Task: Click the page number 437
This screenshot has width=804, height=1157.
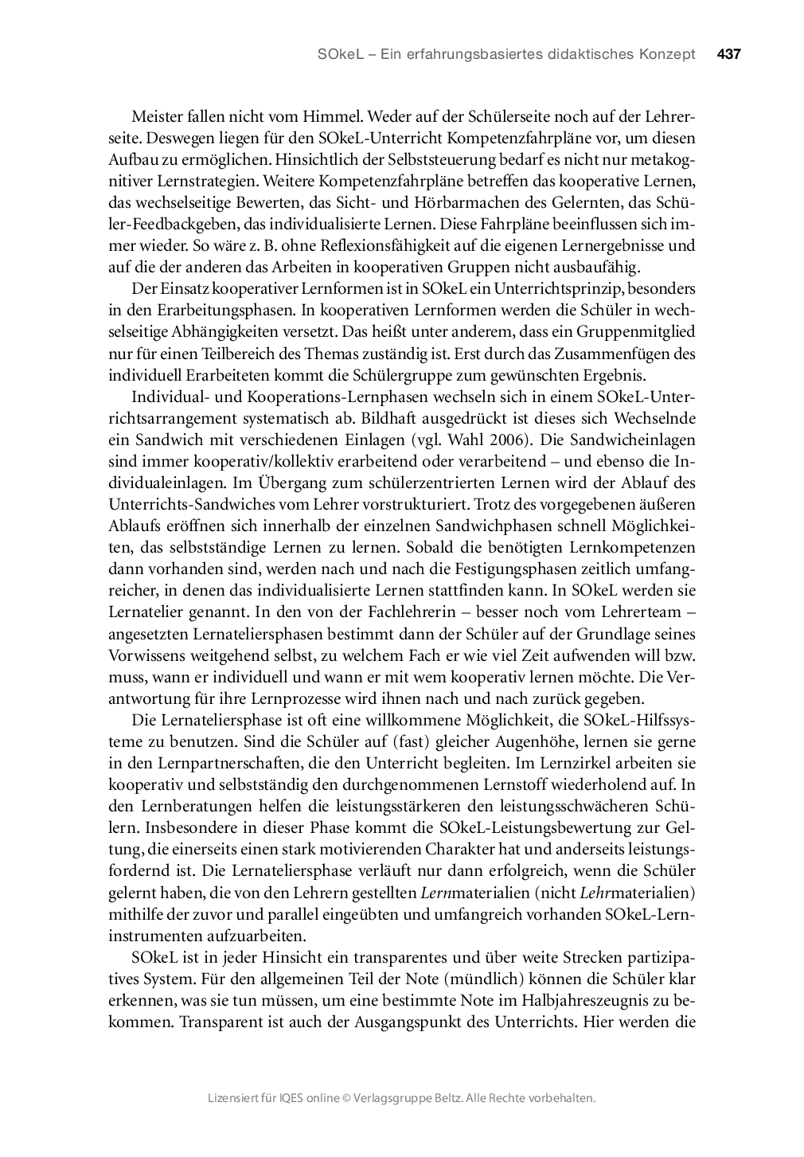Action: (x=728, y=55)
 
